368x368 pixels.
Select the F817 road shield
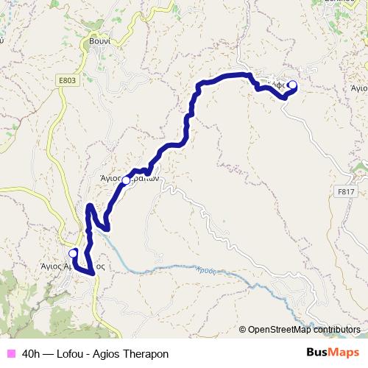(346, 191)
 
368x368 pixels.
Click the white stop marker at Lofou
(292, 85)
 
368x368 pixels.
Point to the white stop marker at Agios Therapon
(126, 180)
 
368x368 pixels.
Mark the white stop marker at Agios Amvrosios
(72, 253)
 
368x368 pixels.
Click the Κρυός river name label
(208, 270)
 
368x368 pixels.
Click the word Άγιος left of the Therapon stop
(110, 177)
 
